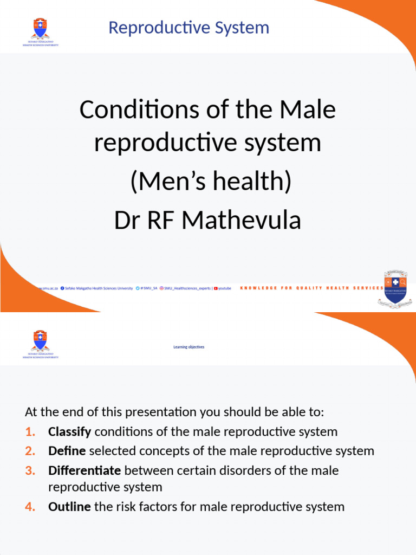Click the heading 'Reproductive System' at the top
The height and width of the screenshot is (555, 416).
coord(188,28)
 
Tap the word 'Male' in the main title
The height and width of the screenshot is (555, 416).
coord(307,110)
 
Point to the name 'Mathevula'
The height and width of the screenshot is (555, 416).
coord(241,220)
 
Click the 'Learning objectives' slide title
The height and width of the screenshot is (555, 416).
coord(188,347)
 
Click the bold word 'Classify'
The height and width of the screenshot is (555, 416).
coord(70,432)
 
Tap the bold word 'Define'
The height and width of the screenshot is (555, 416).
coord(67,451)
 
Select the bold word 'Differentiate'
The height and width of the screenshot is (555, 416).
coord(84,470)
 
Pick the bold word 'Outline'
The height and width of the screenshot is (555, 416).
coord(69,507)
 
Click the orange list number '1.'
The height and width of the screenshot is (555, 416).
coord(30,432)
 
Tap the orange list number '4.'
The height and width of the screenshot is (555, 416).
coord(30,507)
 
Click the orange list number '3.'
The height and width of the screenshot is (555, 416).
coord(30,470)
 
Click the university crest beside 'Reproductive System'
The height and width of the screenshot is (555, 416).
coord(41,30)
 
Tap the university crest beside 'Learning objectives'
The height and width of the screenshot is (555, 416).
coord(41,343)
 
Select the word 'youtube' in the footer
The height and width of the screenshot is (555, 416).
coord(225,288)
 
